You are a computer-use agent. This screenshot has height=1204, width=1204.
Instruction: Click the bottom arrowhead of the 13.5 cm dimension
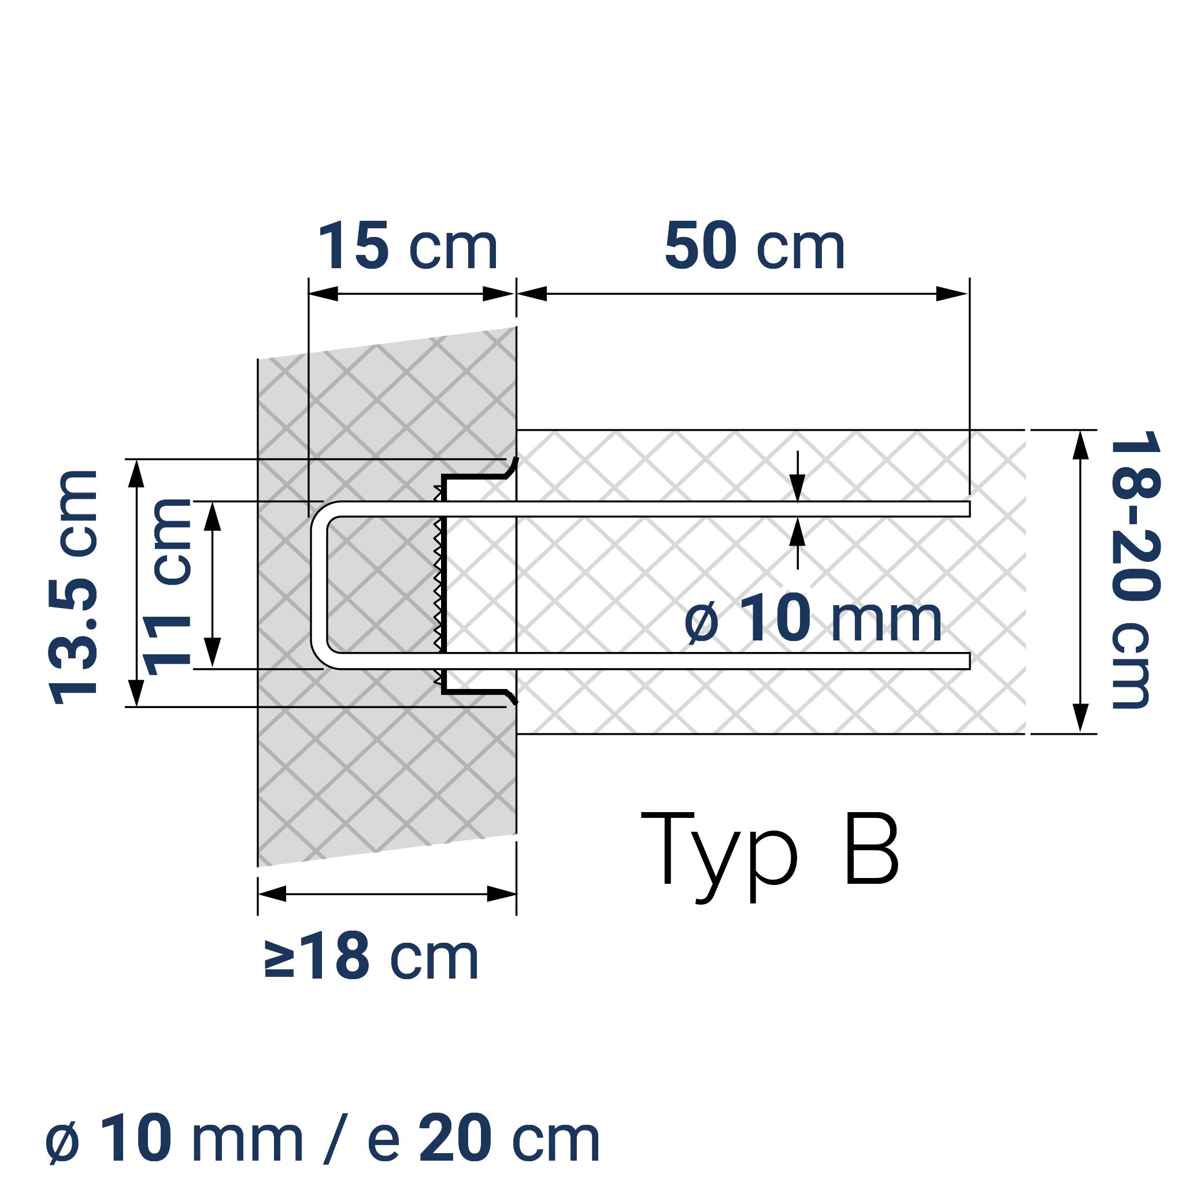coord(136,692)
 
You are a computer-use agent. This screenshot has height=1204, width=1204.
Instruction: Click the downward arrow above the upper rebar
coord(797,487)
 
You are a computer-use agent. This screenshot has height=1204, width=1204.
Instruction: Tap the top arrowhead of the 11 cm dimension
coord(213,516)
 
